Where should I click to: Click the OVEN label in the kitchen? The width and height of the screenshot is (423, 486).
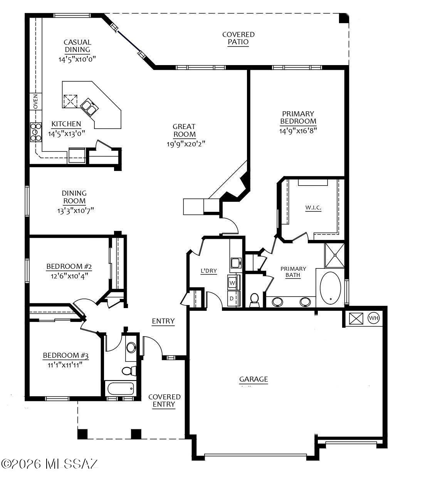click(35, 101)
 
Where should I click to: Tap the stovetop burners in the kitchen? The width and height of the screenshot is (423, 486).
click(36, 132)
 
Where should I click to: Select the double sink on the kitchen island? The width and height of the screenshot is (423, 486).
click(89, 107)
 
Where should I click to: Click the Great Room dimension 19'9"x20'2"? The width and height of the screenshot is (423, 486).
click(186, 144)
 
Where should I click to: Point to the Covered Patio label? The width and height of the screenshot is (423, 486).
click(238, 38)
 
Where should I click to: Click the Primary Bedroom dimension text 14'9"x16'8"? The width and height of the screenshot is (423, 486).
click(298, 131)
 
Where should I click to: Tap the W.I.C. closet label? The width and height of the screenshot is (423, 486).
click(313, 208)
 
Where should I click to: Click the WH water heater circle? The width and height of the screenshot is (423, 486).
click(374, 318)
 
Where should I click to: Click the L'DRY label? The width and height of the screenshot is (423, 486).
click(209, 271)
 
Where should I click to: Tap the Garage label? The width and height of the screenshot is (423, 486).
click(253, 379)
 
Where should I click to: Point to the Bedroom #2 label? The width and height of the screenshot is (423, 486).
click(69, 266)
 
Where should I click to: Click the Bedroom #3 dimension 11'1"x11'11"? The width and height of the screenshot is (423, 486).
click(65, 365)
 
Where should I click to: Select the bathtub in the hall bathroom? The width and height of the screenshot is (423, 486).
click(121, 389)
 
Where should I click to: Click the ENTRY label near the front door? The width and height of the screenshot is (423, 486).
click(163, 321)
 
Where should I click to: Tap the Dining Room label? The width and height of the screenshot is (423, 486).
click(74, 197)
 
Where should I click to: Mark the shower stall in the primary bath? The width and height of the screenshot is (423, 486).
click(335, 255)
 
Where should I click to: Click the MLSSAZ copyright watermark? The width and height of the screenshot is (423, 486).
click(50, 464)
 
